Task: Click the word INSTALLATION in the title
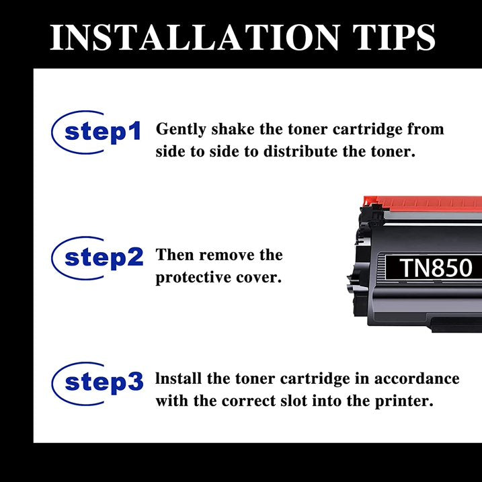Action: (x=195, y=37)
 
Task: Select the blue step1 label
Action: (x=103, y=132)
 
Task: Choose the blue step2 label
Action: (x=104, y=258)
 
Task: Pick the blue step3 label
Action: (x=104, y=383)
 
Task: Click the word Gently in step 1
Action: (x=181, y=129)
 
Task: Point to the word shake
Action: (x=233, y=128)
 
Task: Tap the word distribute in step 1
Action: (x=300, y=151)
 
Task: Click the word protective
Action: (x=194, y=278)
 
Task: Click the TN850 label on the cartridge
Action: (x=436, y=268)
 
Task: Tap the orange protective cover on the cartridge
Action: (x=423, y=203)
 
